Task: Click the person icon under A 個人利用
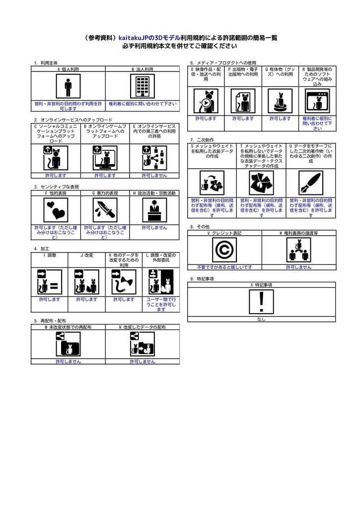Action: click(x=68, y=86)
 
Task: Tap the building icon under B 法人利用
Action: click(x=142, y=86)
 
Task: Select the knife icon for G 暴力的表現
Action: click(x=105, y=210)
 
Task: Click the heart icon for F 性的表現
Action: click(x=56, y=210)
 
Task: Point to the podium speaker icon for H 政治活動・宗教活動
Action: click(x=154, y=210)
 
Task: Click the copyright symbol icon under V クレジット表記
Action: click(x=224, y=250)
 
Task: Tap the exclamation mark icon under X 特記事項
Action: click(x=261, y=302)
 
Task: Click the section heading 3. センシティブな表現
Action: click(x=56, y=187)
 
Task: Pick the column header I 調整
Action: click(x=50, y=255)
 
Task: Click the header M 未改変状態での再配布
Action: click(x=68, y=327)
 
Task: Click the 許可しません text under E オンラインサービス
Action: click(x=154, y=175)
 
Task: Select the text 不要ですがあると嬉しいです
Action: click(x=224, y=267)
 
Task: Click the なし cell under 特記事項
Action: click(x=261, y=319)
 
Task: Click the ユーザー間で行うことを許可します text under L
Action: click(x=161, y=304)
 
